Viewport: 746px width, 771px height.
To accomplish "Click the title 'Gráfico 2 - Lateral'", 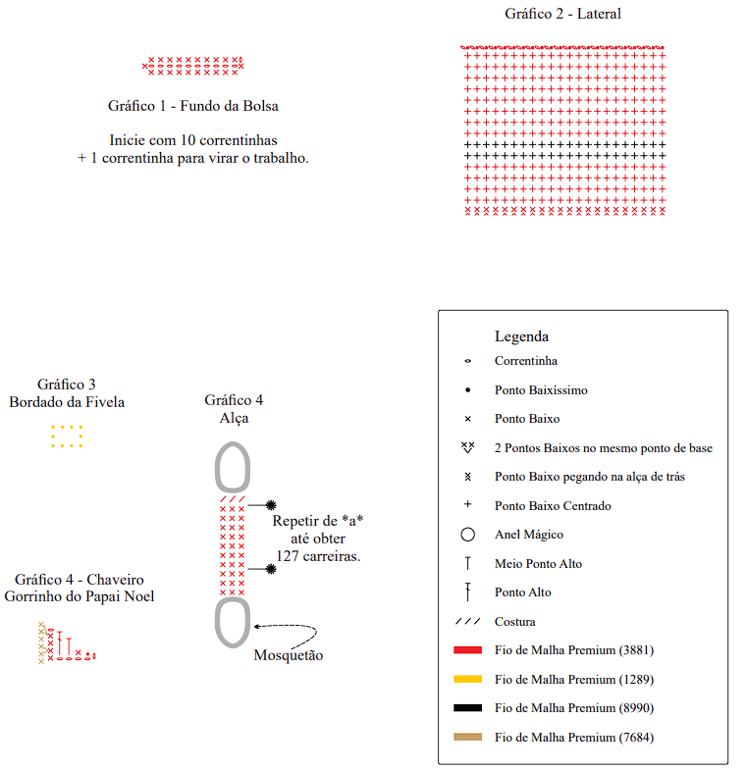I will pyautogui.click(x=562, y=14).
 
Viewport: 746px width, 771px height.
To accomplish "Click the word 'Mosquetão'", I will pyautogui.click(x=288, y=655).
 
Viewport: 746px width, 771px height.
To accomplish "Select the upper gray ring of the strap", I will pyautogui.click(x=232, y=467).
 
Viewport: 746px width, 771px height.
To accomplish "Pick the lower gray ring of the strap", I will pyautogui.click(x=232, y=622).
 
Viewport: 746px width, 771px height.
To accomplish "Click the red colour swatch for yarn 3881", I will pyautogui.click(x=467, y=650).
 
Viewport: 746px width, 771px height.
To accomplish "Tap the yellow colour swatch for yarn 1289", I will pyautogui.click(x=467, y=679).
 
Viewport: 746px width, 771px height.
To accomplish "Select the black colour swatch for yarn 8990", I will pyautogui.click(x=467, y=708).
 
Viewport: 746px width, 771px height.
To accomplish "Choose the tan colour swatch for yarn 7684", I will pyautogui.click(x=467, y=737).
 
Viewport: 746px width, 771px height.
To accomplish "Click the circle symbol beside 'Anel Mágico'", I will pyautogui.click(x=467, y=535).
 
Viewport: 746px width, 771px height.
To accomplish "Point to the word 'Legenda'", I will pyautogui.click(x=521, y=336).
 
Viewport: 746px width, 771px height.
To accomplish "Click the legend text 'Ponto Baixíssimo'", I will pyautogui.click(x=541, y=390).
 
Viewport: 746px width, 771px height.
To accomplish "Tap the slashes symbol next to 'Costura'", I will pyautogui.click(x=467, y=622).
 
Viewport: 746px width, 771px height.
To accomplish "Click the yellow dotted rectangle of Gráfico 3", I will pyautogui.click(x=67, y=437).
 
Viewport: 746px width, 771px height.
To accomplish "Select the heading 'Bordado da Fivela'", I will pyautogui.click(x=67, y=402).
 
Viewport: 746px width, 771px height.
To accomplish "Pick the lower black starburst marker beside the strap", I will pyautogui.click(x=271, y=568).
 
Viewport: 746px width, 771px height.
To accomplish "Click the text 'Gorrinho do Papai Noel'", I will pyautogui.click(x=80, y=596).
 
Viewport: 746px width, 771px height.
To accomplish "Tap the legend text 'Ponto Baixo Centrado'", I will pyautogui.click(x=553, y=506).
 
